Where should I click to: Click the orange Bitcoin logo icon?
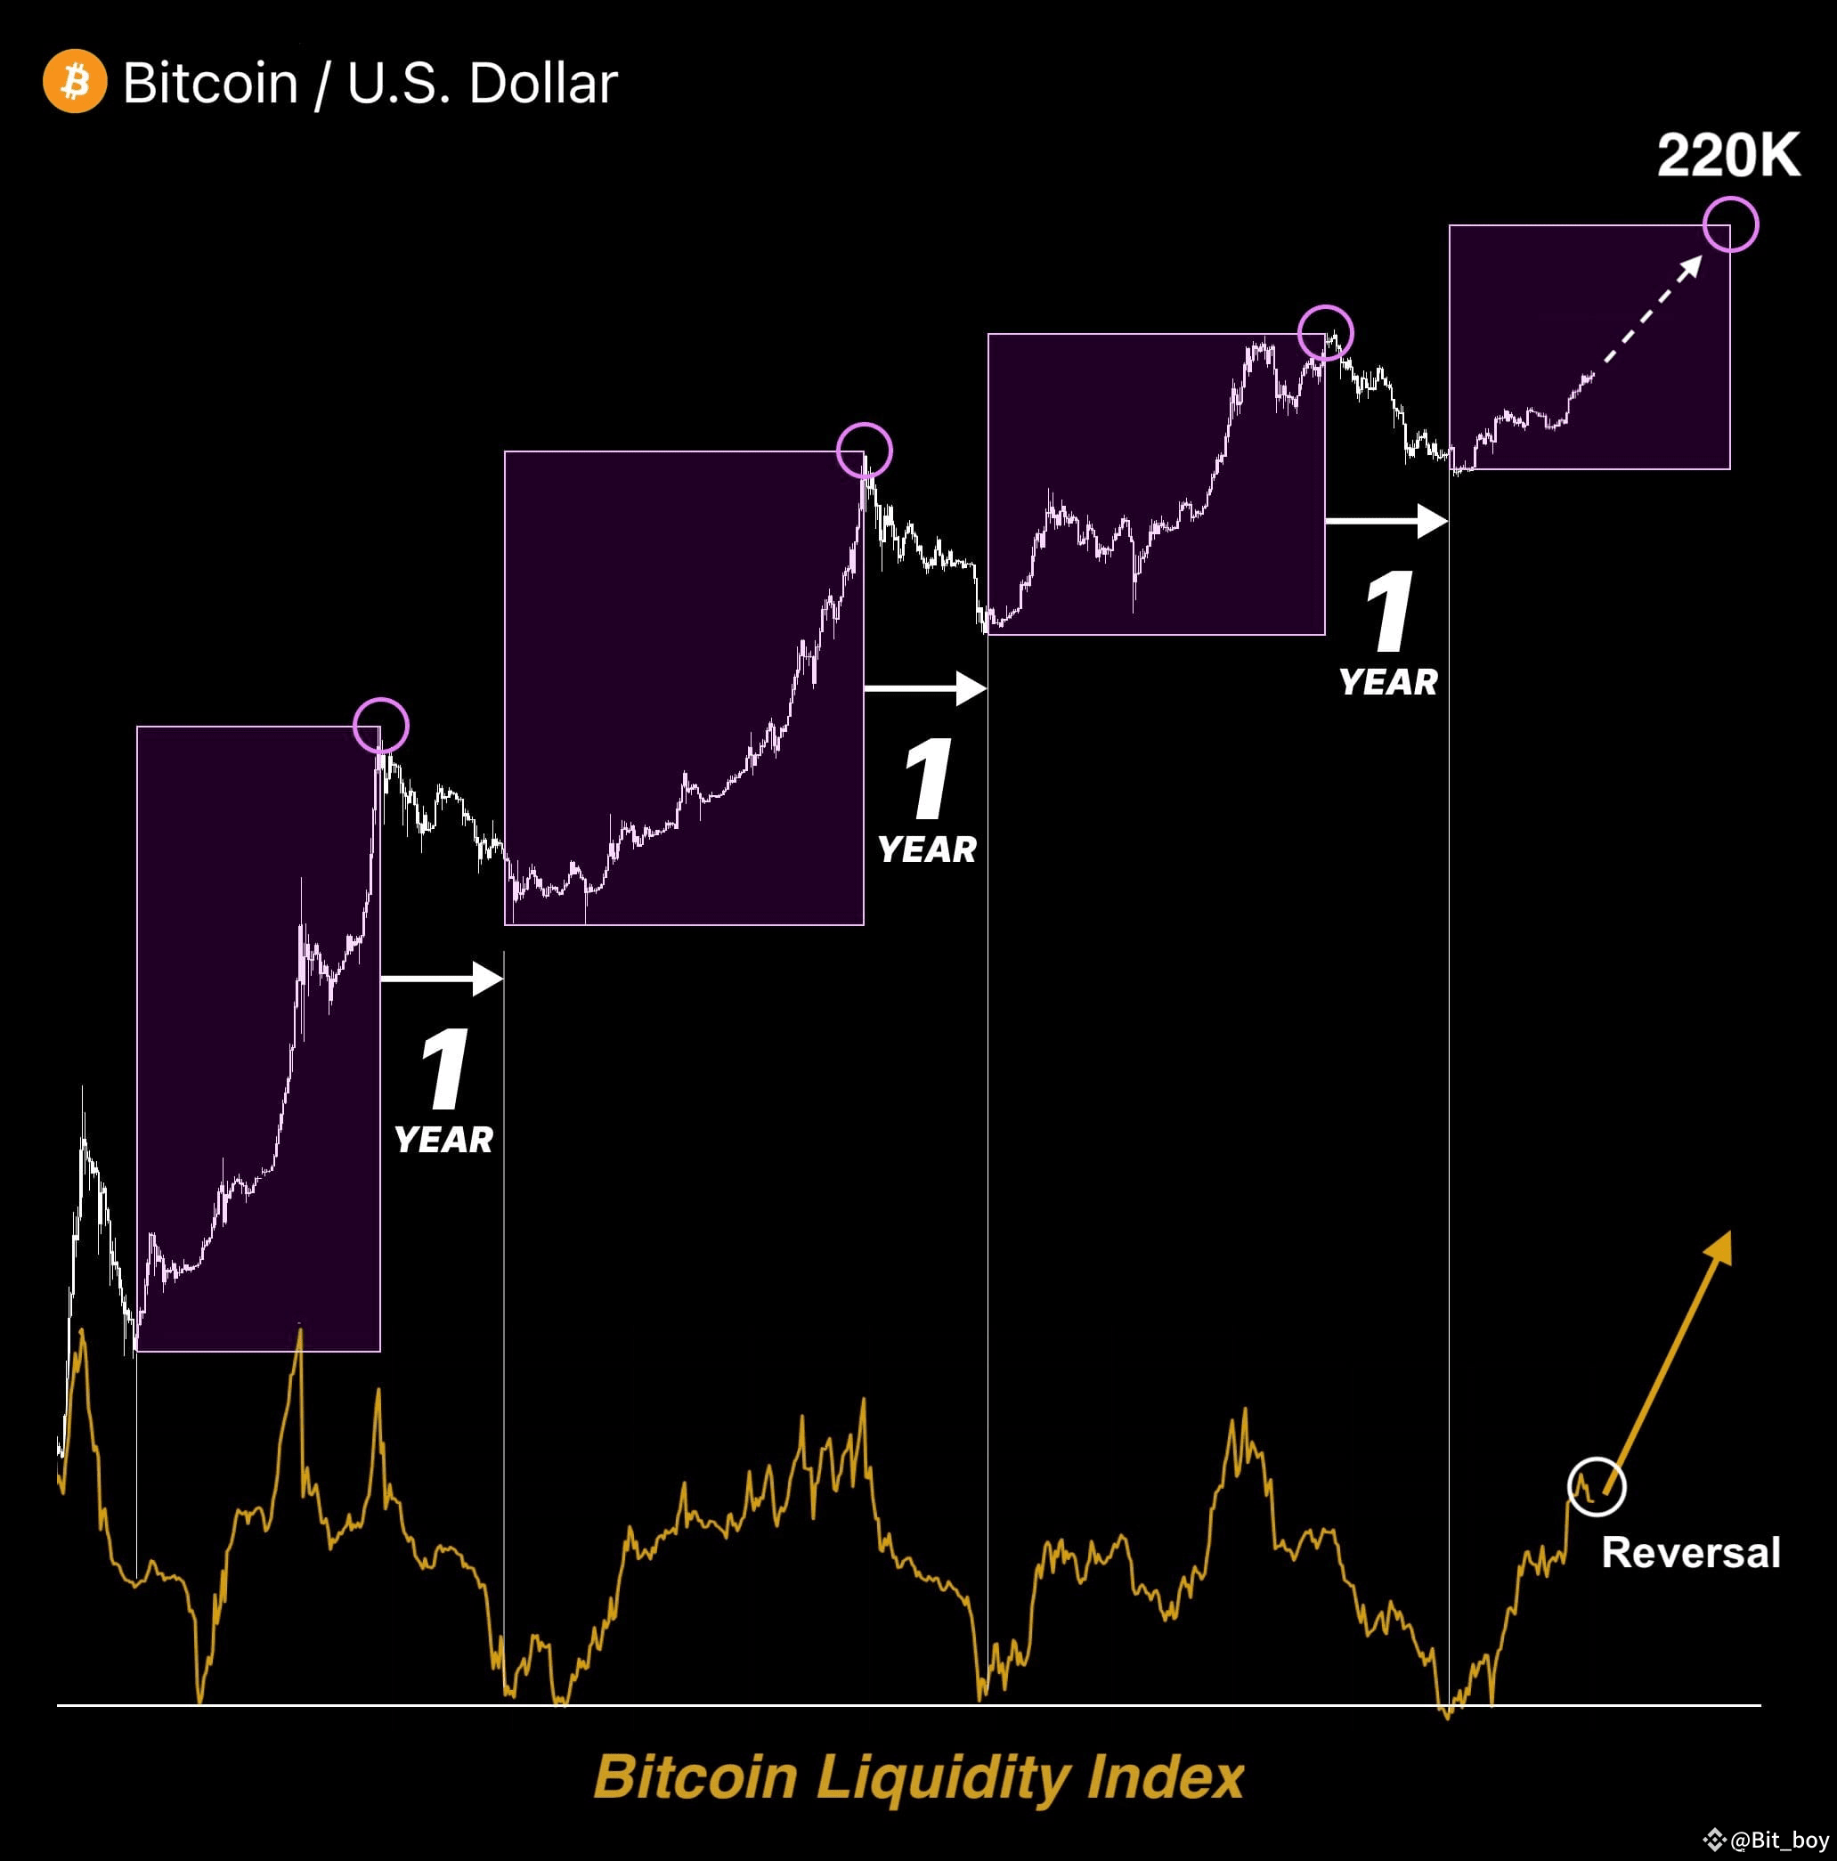[75, 81]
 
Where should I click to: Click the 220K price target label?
[1727, 155]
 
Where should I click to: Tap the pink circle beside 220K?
[1730, 224]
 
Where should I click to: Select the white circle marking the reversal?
[1597, 1486]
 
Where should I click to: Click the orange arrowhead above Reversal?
[1719, 1247]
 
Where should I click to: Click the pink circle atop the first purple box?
[380, 726]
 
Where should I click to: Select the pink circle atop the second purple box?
[864, 450]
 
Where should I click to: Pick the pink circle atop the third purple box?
[1326, 332]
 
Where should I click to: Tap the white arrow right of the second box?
[926, 687]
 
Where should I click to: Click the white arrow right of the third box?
[1386, 520]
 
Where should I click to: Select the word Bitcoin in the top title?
[210, 83]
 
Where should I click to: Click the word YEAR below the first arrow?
[443, 1140]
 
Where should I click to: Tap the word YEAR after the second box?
[927, 849]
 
